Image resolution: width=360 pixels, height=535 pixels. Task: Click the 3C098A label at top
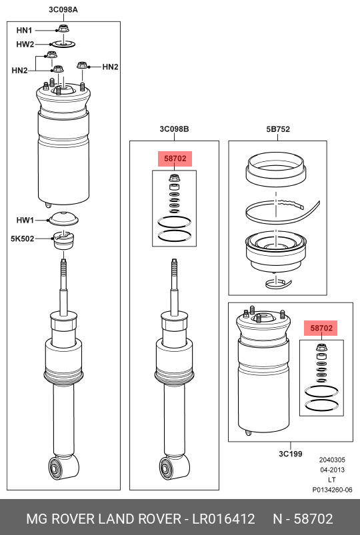tap(63, 9)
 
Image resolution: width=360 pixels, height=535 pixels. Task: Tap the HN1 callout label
tap(24, 31)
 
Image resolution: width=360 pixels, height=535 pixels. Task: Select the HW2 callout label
tap(25, 45)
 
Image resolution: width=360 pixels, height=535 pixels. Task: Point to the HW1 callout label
tap(25, 221)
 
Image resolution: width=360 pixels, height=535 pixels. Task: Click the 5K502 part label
tap(22, 239)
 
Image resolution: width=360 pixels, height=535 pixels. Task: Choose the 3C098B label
tap(174, 129)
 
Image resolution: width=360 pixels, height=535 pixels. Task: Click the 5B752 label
tap(278, 129)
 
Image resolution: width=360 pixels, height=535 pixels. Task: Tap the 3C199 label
tap(290, 454)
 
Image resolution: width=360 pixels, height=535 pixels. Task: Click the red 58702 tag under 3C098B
tap(175, 159)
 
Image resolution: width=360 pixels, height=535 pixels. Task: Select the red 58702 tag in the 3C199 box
tap(321, 328)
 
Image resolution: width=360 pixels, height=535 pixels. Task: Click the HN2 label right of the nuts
tap(110, 67)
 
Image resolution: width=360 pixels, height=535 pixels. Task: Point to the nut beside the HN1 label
tap(63, 29)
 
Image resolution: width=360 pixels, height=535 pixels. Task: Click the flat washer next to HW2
tap(63, 44)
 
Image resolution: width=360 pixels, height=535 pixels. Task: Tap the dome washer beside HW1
tap(63, 219)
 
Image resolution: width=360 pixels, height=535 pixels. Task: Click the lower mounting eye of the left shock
tap(55, 468)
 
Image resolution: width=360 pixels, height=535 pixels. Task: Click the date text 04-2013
tap(332, 470)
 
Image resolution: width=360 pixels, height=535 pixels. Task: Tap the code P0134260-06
tap(332, 490)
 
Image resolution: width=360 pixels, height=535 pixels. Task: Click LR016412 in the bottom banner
tap(223, 519)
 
